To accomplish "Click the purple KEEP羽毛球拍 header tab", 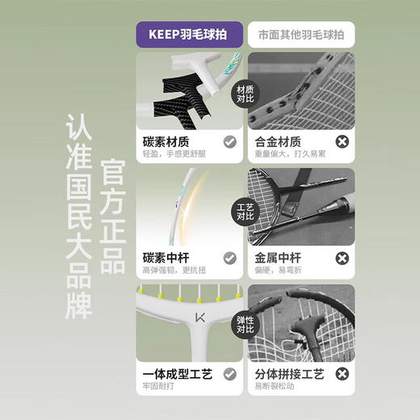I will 188,36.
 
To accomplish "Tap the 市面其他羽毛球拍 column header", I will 300,36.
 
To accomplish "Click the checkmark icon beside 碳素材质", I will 229,141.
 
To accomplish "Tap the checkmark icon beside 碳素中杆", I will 229,258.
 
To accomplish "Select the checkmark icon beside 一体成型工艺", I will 229,374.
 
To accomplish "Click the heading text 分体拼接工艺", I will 290,374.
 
